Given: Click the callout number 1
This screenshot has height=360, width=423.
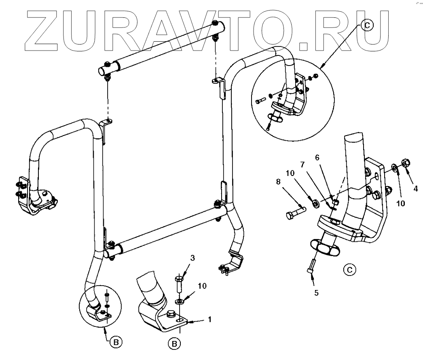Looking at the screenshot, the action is [209, 320].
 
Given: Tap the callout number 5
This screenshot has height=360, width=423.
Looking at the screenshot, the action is [317, 293].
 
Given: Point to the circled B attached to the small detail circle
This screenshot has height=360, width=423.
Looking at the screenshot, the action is [116, 342].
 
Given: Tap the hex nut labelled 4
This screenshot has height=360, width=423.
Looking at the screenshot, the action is [405, 163].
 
